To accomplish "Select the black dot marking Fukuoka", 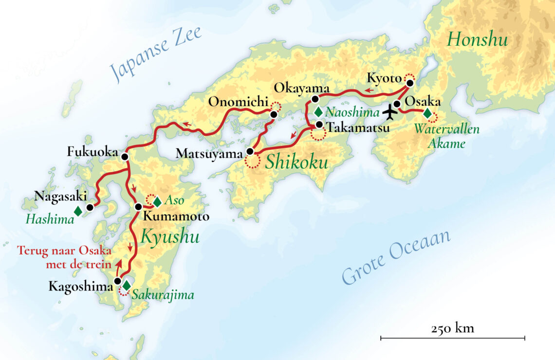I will tap(125, 157).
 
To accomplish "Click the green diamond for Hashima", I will tap(77, 211).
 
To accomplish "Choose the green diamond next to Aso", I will tap(157, 201).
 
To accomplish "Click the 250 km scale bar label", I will tap(452, 328).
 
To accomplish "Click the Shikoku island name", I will tap(296, 162).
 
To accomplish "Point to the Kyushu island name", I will tap(170, 237).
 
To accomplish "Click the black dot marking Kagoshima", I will tap(117, 281).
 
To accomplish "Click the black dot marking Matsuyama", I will tap(250, 151).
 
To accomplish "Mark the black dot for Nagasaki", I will tap(90, 207).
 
